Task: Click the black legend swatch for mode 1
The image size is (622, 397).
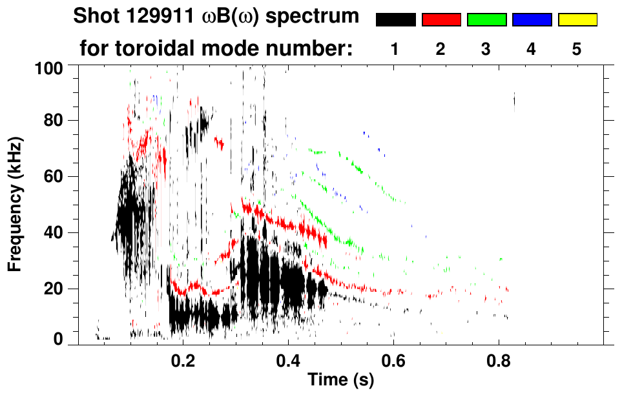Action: tap(395, 20)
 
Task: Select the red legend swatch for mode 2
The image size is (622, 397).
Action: tap(441, 20)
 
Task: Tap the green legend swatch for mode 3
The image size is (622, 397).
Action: tap(486, 20)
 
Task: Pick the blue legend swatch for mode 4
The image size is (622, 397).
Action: tap(532, 20)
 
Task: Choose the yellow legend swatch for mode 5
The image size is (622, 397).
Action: tap(577, 20)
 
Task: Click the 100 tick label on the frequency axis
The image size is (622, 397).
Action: tap(48, 66)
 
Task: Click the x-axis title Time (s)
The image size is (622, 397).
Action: tap(340, 380)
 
